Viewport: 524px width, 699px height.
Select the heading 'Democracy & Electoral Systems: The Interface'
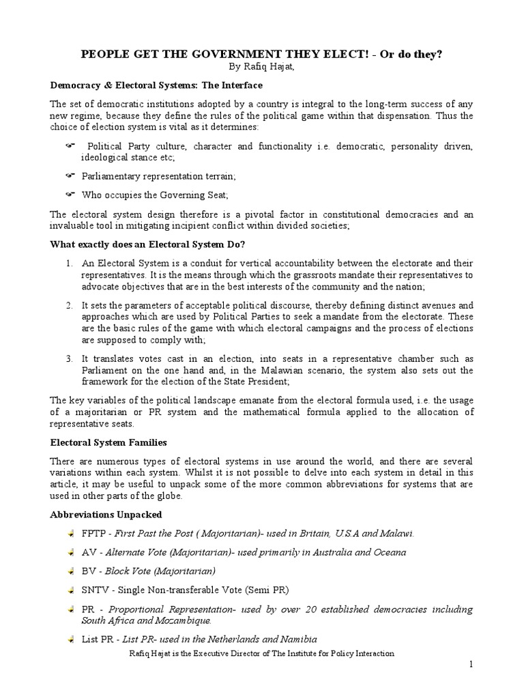tap(156, 85)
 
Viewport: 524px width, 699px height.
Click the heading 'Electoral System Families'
tap(108, 442)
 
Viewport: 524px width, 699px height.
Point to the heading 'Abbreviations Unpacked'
tap(106, 514)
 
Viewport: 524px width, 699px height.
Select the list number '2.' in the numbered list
tap(70, 306)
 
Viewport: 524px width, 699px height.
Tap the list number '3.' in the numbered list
tap(70, 358)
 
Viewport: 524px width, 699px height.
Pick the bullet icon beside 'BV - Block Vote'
tap(71, 571)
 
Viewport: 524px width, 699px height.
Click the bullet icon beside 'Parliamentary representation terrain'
tap(70, 176)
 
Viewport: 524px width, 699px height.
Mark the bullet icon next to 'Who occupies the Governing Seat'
tap(70, 195)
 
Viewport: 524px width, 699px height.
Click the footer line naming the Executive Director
tap(261, 653)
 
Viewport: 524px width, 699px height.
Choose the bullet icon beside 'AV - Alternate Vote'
tap(71, 552)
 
